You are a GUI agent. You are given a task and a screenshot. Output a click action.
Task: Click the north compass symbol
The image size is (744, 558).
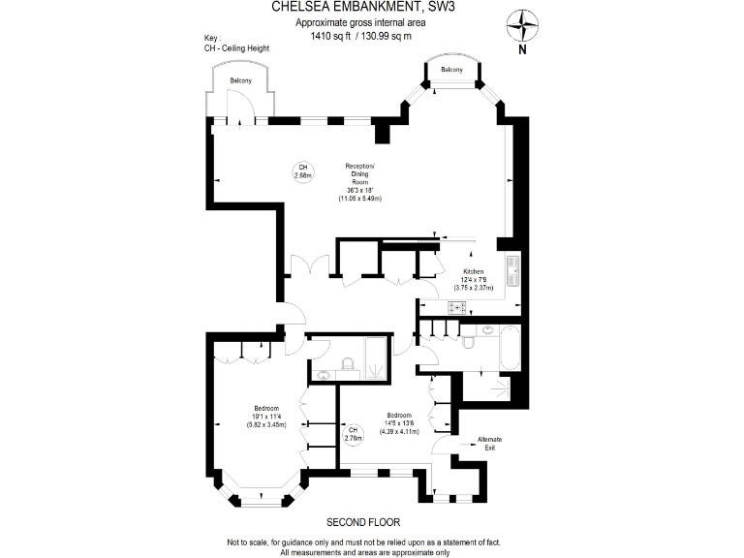[x=523, y=24]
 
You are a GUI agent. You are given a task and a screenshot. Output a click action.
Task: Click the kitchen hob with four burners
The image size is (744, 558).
[x=456, y=307]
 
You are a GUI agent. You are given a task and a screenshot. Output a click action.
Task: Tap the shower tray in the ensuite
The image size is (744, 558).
[x=373, y=360]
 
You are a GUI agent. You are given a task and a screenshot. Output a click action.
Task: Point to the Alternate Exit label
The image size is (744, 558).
[x=490, y=444]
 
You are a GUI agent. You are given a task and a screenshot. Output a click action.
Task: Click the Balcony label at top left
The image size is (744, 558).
[x=240, y=80]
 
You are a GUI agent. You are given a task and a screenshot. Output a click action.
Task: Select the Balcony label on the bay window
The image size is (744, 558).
[x=451, y=71]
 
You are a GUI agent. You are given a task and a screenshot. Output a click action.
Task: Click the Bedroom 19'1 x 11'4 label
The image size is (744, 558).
[x=266, y=416]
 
